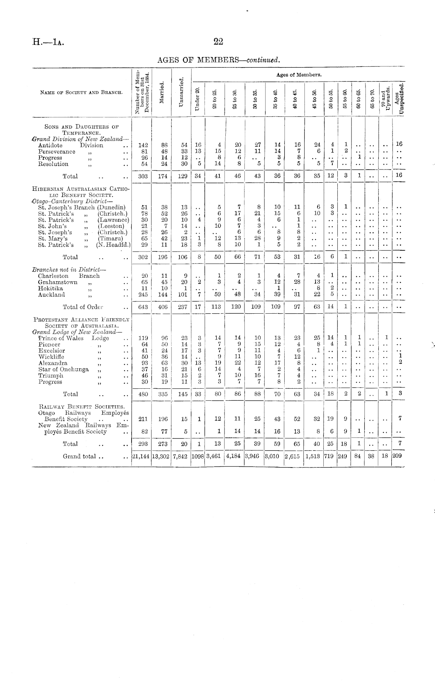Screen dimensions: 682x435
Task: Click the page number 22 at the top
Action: pyautogui.click(x=218, y=42)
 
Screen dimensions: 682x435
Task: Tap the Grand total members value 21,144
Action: pyautogui.click(x=141, y=456)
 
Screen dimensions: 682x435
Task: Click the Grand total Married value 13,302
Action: pyautogui.click(x=161, y=456)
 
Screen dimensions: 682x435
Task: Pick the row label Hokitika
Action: pyautogui.click(x=50, y=288)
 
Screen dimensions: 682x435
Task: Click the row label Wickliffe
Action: pyautogui.click(x=51, y=357)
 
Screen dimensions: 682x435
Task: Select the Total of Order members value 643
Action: pyautogui.click(x=143, y=307)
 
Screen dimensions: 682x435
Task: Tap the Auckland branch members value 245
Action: pyautogui.click(x=143, y=295)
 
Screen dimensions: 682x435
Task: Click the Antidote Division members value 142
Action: pyautogui.click(x=143, y=145)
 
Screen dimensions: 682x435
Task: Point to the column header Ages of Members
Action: pyautogui.click(x=299, y=74)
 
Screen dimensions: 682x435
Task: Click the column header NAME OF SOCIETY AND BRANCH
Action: pyautogui.click(x=81, y=93)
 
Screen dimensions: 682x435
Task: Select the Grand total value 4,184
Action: pyautogui.click(x=233, y=456)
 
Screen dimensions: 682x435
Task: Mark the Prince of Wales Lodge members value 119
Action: pyautogui.click(x=143, y=338)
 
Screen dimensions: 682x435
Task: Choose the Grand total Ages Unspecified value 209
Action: pyautogui.click(x=397, y=456)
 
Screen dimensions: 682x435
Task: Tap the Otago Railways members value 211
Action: pyautogui.click(x=143, y=419)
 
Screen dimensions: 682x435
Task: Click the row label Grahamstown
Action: pyautogui.click(x=57, y=282)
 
